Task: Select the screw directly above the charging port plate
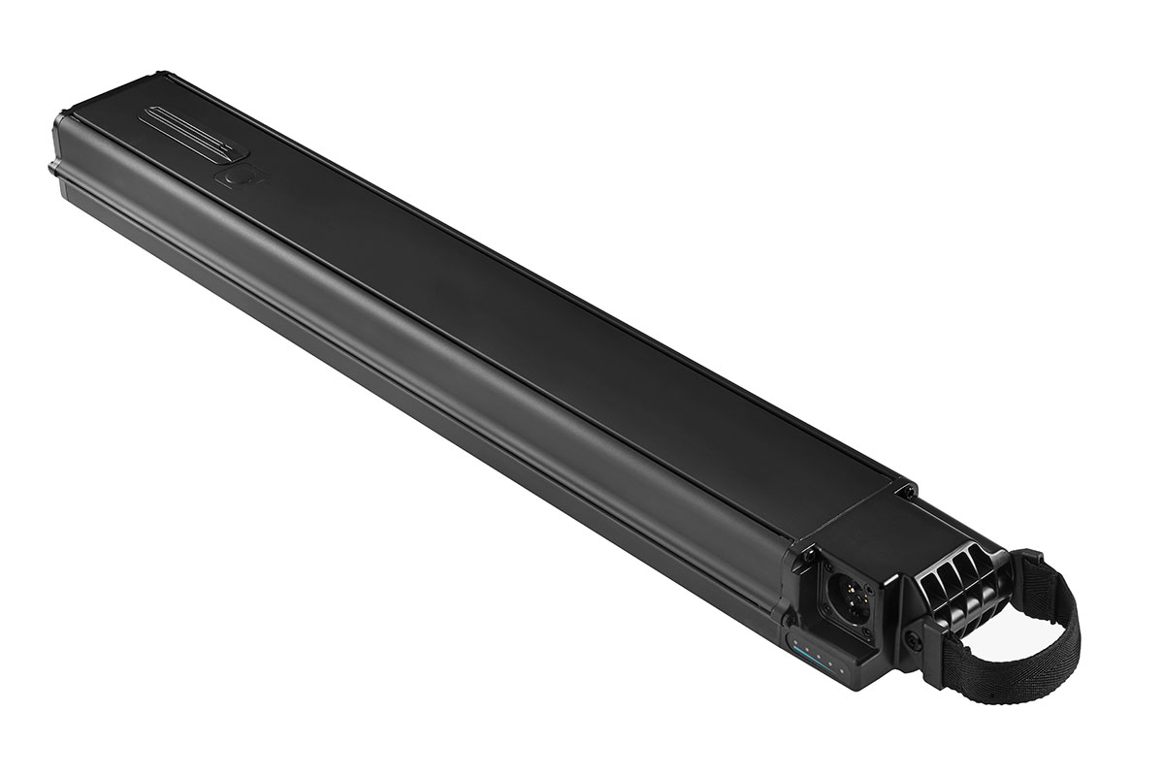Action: tap(809, 553)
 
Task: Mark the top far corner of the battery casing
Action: tap(160, 76)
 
